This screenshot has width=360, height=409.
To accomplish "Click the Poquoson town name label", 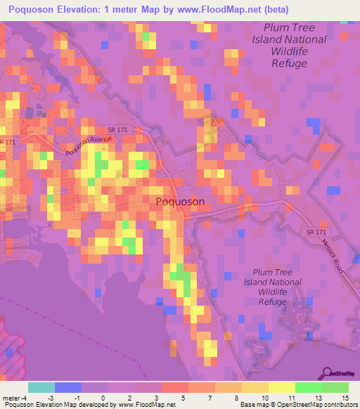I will [179, 202].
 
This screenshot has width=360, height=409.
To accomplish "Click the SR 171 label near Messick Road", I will [317, 232].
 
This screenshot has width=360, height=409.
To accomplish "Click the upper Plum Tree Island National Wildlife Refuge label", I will [290, 46].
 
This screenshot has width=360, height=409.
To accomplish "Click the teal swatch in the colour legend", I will [41, 387].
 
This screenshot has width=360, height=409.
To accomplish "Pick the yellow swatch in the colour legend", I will [281, 387].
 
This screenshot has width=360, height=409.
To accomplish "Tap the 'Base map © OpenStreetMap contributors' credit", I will [297, 405].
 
